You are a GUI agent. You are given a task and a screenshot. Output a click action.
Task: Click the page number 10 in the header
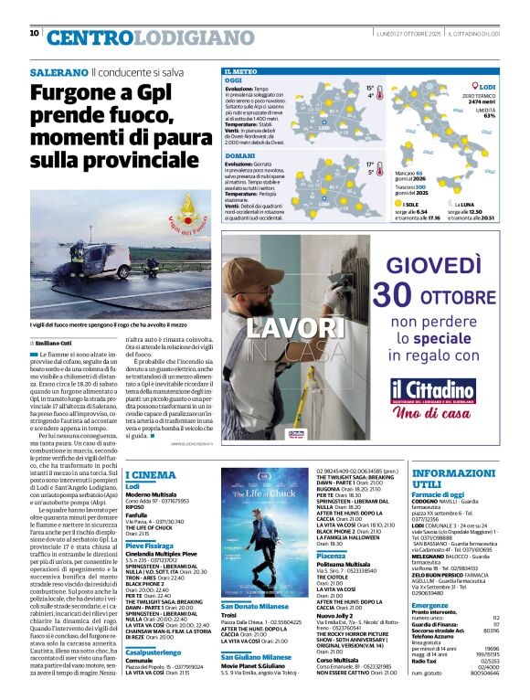[x=35, y=34]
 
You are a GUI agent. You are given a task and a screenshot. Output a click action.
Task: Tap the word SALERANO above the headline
[x=58, y=70]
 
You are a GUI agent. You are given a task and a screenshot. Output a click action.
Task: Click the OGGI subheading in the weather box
[x=234, y=80]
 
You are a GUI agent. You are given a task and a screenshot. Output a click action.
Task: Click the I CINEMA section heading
[x=151, y=474]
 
